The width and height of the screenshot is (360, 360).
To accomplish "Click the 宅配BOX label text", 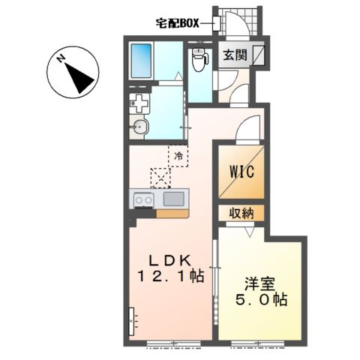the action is click(x=178, y=23).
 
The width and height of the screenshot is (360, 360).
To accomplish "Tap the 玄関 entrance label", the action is click(x=235, y=55).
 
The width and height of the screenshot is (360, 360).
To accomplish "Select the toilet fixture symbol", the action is click(x=200, y=59).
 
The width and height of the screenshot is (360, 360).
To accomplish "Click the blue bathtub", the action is click(x=142, y=61).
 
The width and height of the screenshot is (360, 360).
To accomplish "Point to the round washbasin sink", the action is click(x=140, y=127).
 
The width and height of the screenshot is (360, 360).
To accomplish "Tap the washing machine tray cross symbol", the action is click(x=139, y=103).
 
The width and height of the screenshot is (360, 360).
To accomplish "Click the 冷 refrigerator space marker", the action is click(x=178, y=157).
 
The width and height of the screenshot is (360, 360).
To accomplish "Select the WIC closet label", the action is click(x=241, y=172).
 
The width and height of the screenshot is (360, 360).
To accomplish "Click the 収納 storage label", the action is click(x=241, y=213).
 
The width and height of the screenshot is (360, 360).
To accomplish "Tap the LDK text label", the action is click(x=170, y=261).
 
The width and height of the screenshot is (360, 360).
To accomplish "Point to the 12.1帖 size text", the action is click(x=170, y=276).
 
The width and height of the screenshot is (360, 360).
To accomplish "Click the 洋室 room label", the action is click(x=260, y=284).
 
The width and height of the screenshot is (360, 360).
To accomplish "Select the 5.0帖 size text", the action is click(x=261, y=299).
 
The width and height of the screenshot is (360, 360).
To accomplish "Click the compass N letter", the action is click(x=61, y=58).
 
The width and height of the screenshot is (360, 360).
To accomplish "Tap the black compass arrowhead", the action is click(x=79, y=78).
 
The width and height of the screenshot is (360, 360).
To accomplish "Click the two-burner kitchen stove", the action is click(x=143, y=200).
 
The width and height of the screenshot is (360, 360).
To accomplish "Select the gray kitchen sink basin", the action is click(x=174, y=199).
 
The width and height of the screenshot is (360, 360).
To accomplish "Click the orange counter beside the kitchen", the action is click(x=172, y=214).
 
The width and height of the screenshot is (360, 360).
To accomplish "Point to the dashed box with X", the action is click(x=160, y=178).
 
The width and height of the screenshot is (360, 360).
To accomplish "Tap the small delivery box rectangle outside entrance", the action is click(x=216, y=23).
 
